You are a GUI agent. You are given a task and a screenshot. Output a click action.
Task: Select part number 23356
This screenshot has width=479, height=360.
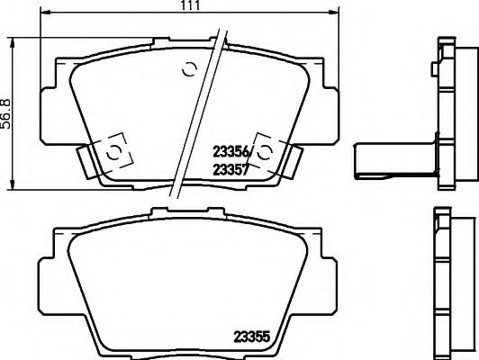(x=230, y=152)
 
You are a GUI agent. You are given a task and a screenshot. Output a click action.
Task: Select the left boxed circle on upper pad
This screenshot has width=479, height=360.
(x=113, y=153)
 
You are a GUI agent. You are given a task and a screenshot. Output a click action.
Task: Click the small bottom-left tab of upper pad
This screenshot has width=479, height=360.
(x=86, y=161)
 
